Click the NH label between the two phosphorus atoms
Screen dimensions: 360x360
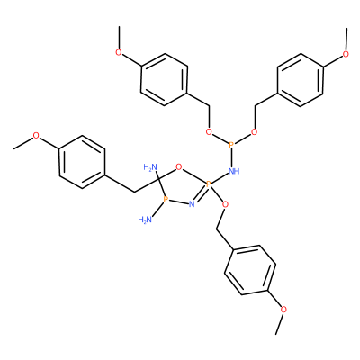click(x=234, y=171)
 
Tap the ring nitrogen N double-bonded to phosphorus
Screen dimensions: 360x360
click(x=192, y=205)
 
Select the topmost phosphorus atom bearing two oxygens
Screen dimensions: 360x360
click(x=231, y=146)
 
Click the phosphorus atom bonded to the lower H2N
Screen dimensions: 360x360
click(x=165, y=199)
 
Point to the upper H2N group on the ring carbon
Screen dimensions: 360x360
click(x=150, y=166)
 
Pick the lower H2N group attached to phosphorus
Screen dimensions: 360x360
click(x=145, y=220)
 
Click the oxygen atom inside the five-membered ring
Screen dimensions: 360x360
click(x=179, y=166)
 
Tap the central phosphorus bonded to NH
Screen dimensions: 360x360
click(x=209, y=184)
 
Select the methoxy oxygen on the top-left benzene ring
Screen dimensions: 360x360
click(x=119, y=53)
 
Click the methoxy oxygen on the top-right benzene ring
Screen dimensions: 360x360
click(x=346, y=54)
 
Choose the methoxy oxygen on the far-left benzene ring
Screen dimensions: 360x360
click(x=36, y=136)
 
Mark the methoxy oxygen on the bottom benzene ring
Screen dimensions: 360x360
click(x=283, y=309)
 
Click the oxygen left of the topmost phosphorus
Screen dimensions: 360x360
click(x=209, y=132)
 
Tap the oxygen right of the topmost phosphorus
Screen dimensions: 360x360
click(x=254, y=132)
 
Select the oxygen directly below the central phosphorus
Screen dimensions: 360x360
click(x=226, y=205)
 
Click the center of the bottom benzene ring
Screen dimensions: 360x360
click(x=250, y=270)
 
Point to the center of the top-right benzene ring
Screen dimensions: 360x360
click(x=301, y=80)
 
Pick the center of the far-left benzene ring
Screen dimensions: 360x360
click(x=82, y=162)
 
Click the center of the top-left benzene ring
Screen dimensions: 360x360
click(x=165, y=80)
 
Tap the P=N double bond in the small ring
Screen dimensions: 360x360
click(x=201, y=194)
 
